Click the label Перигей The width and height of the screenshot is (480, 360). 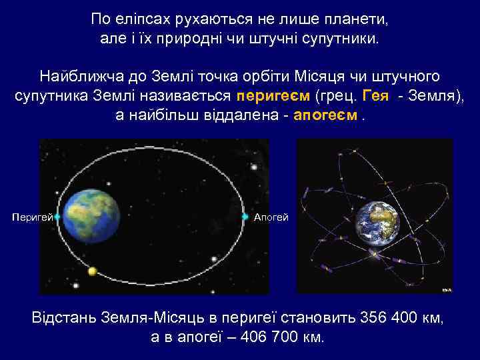pyautogui.click(x=33, y=217)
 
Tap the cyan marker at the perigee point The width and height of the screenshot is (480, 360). pyautogui.click(x=57, y=217)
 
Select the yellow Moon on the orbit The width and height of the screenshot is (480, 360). pyautogui.click(x=93, y=271)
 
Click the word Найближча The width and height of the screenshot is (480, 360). pyautogui.click(x=73, y=75)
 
